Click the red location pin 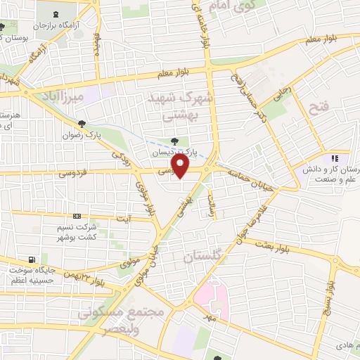click(181, 167)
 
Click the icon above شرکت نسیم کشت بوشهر click(77, 217)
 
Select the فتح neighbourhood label click(318, 108)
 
